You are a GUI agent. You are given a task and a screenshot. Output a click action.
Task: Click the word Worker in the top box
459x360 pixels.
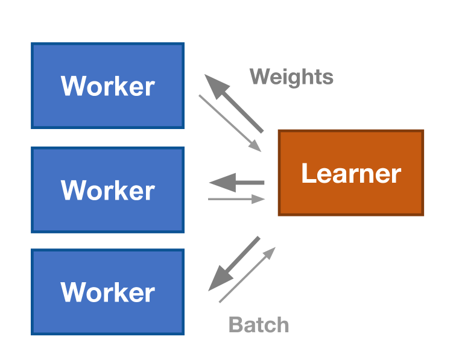[107, 86]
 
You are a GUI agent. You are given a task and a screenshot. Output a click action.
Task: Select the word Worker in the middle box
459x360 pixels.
[107, 191]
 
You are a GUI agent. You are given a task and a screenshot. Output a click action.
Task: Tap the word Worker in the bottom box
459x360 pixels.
[107, 292]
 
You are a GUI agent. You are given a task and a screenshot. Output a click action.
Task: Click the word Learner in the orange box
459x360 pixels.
[351, 174]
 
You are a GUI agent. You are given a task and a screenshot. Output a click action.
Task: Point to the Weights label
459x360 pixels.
[291, 77]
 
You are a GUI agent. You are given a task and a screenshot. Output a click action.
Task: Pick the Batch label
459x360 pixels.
[259, 325]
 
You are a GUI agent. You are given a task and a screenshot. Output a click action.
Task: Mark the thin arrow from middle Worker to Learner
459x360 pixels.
[235, 199]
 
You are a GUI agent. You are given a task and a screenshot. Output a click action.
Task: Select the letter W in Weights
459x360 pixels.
[258, 77]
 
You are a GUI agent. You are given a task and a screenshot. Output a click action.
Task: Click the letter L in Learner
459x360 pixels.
[307, 174]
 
